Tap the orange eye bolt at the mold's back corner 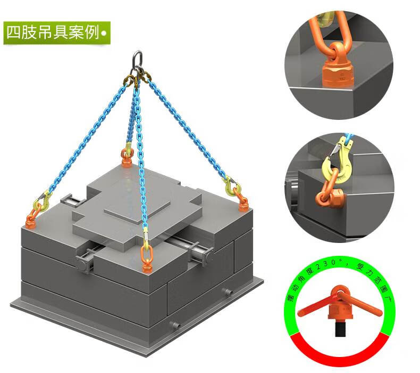[127, 158]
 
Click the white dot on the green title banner [104, 34]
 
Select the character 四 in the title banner [13, 33]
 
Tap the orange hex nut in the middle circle [337, 198]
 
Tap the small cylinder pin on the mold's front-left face [175, 325]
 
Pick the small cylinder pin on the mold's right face [227, 292]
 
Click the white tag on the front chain [146, 234]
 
